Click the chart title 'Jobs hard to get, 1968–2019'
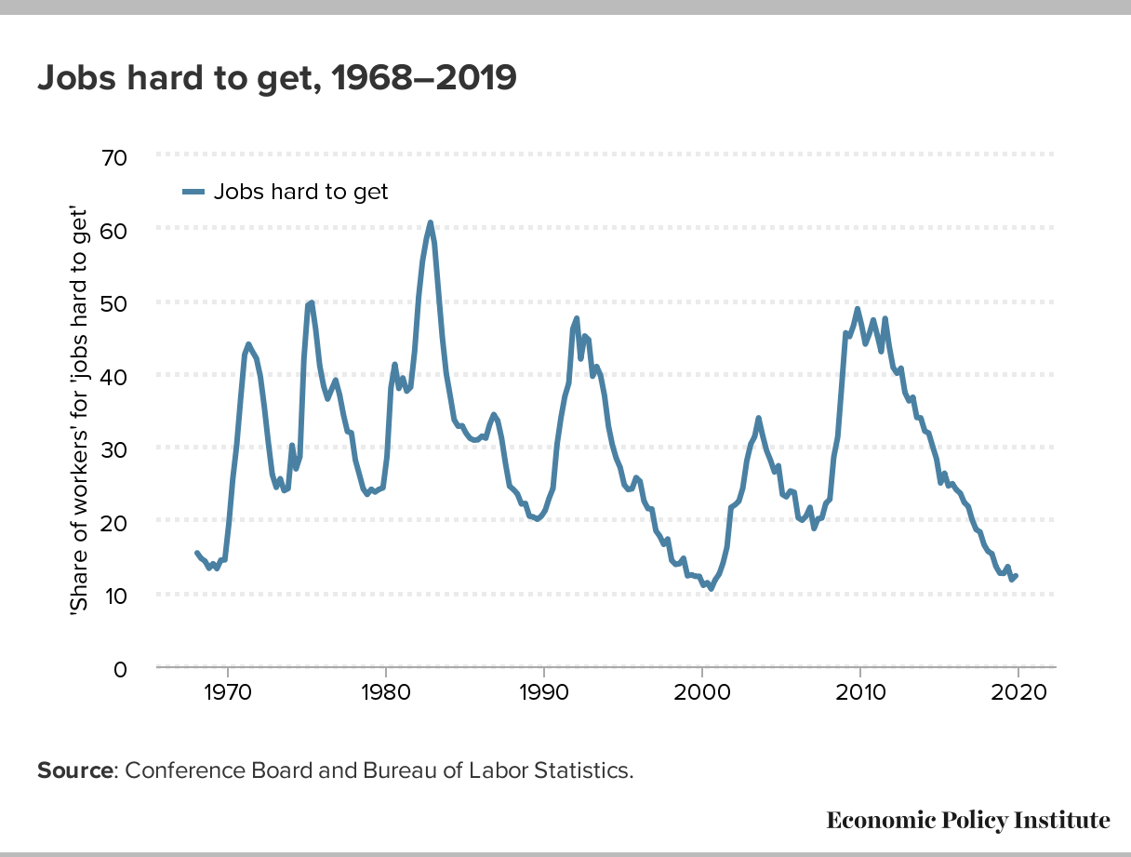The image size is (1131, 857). pos(276,78)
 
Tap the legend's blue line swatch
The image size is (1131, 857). pos(193,193)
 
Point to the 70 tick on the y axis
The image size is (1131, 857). pos(113,157)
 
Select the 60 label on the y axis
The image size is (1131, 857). pos(113,232)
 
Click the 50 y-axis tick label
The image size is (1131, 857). pos(113,304)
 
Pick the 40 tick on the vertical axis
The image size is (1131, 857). pos(113,377)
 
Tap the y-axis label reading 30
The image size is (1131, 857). pos(113,450)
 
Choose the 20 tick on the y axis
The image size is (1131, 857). pos(113,524)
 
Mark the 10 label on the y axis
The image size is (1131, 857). pos(114,596)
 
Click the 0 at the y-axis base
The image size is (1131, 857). pos(120,670)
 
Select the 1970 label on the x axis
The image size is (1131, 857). pos(228,692)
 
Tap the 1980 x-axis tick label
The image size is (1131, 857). pos(386,692)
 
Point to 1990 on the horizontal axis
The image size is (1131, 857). pos(544,692)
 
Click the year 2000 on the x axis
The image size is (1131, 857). pos(702,692)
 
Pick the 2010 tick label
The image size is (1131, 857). pos(860,692)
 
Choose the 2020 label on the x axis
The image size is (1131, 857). pos(1018,692)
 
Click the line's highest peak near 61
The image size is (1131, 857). pos(431,222)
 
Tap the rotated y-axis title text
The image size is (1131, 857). pos(79,411)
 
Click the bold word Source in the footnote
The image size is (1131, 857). pos(75,771)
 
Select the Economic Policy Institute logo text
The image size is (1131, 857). pos(968,821)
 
